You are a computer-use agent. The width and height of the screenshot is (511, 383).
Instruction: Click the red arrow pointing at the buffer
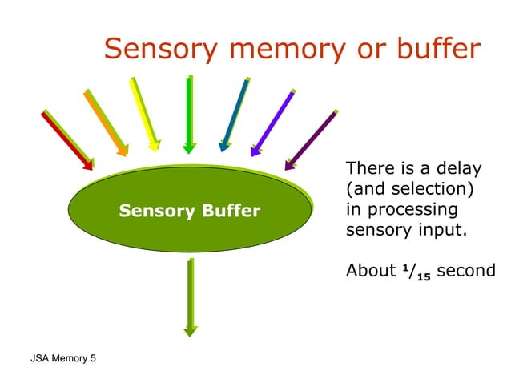[67, 139]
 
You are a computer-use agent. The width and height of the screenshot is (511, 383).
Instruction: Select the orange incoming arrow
[106, 122]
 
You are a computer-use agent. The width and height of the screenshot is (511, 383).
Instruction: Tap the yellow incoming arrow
[143, 113]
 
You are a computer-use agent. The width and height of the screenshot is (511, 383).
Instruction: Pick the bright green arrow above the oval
[189, 112]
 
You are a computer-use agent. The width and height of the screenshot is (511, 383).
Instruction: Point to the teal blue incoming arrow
[235, 113]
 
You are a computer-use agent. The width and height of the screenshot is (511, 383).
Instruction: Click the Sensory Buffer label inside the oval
[189, 212]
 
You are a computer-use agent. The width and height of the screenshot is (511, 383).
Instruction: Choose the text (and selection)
[408, 190]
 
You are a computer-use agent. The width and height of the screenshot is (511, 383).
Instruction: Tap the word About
[369, 272]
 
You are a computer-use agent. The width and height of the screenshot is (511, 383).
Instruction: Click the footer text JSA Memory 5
[62, 357]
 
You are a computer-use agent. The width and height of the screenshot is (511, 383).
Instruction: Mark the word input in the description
[440, 231]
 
